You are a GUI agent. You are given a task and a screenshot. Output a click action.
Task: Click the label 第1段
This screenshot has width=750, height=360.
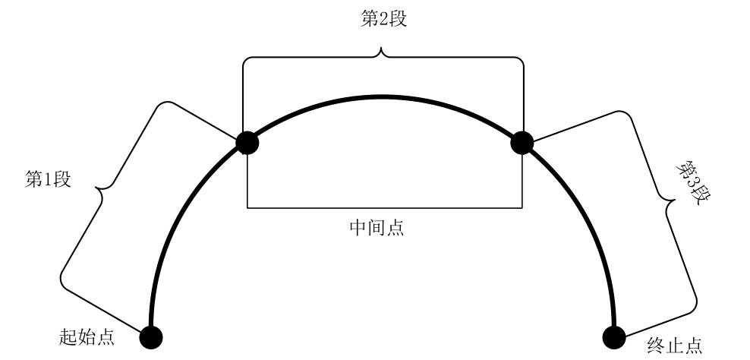(x=48, y=180)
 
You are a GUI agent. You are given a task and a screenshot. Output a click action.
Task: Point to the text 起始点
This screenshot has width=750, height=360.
(x=87, y=336)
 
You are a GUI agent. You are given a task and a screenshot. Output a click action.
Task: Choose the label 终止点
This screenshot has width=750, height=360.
(x=674, y=346)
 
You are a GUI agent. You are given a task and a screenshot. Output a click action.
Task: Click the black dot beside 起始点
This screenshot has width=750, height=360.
(x=150, y=336)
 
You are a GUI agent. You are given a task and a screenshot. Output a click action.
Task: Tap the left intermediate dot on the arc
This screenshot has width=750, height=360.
(x=247, y=142)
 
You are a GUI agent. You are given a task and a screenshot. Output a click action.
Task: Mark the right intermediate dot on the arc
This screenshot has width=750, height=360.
(x=522, y=142)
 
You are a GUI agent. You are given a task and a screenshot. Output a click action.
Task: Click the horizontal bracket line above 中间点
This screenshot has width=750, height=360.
(x=384, y=207)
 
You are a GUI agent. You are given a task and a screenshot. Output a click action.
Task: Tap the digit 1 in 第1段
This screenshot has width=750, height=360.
(x=48, y=180)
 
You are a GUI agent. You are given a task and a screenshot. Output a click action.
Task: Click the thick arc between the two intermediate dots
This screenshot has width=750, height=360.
(x=383, y=97)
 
